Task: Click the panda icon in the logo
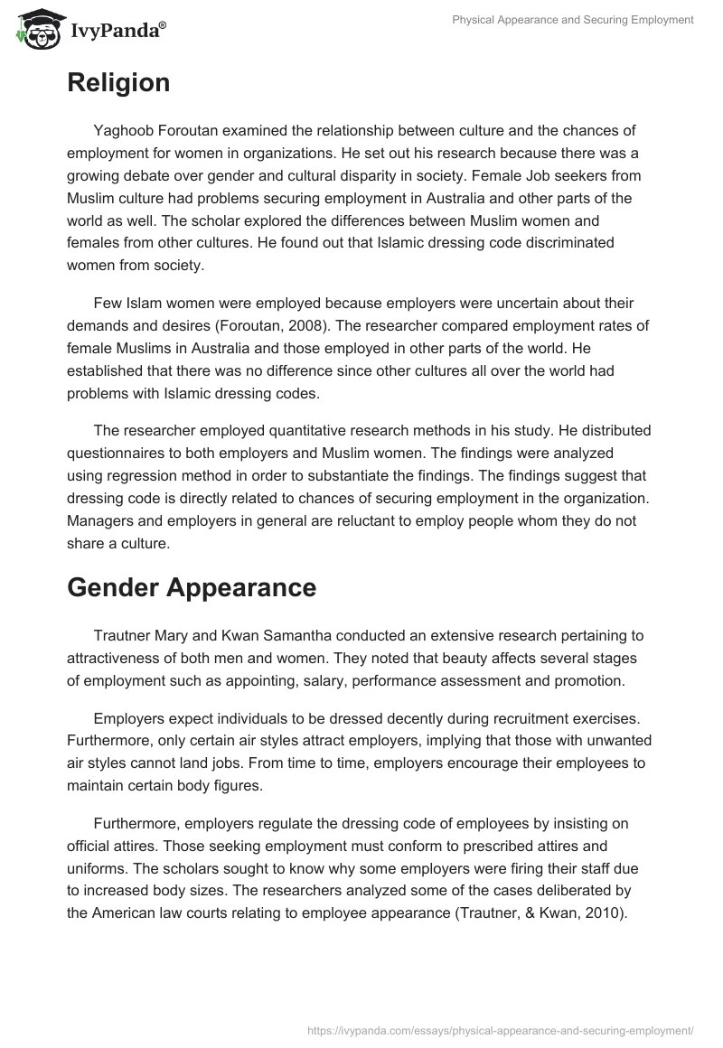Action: click(37, 29)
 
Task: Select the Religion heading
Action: click(118, 83)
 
